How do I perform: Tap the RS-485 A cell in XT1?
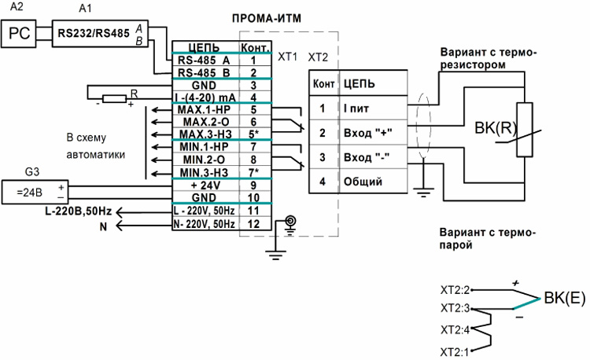pos(204,60)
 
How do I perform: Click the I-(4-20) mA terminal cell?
pos(204,97)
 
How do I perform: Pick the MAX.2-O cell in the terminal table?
pos(204,123)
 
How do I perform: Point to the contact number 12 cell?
pos(253,224)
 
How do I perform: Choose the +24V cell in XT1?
pos(204,186)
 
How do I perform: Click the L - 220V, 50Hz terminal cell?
pos(204,211)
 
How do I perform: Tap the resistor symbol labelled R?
pos(115,98)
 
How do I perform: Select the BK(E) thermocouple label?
pos(563,298)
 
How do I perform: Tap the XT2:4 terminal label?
pos(456,329)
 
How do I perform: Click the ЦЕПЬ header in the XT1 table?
pos(204,47)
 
